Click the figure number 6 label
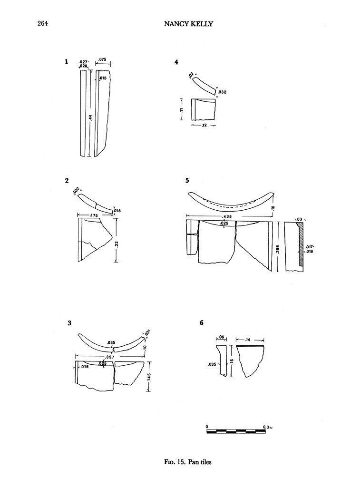click(202, 323)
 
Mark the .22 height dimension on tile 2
click(116, 243)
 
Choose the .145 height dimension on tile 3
click(149, 377)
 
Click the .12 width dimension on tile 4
click(203, 126)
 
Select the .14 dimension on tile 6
click(249, 340)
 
